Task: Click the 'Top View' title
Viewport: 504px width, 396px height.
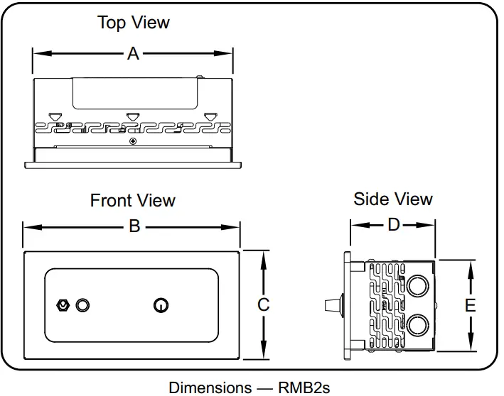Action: [x=134, y=23]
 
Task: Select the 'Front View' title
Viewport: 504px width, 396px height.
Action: [x=132, y=201]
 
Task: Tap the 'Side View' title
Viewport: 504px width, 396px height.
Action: [x=393, y=199]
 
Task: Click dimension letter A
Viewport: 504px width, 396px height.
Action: [x=133, y=53]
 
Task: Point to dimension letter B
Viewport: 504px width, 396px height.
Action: [x=133, y=227]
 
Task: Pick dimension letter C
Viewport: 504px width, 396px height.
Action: [x=263, y=304]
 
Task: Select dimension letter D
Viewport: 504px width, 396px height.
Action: [x=393, y=226]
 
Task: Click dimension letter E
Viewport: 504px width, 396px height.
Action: [x=470, y=305]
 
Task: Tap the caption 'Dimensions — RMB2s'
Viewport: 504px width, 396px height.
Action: [x=249, y=387]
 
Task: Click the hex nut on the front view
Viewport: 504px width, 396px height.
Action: [x=63, y=305]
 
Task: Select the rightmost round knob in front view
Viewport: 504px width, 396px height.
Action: [x=161, y=305]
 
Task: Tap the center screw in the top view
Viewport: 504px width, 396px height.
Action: [x=133, y=141]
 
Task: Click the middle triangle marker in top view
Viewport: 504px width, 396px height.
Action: [x=131, y=116]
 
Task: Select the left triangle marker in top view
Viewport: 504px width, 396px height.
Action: [x=54, y=116]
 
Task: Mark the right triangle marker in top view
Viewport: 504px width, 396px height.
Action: [x=208, y=116]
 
